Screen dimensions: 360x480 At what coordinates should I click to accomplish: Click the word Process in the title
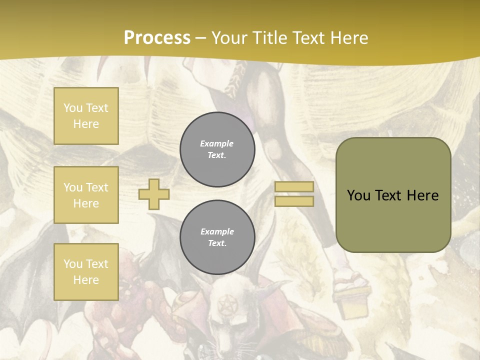(x=157, y=38)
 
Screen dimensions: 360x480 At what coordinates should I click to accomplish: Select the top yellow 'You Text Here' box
(x=86, y=116)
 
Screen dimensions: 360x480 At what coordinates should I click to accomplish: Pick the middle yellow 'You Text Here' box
(x=86, y=195)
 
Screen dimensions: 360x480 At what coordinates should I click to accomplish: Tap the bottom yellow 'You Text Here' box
(x=86, y=271)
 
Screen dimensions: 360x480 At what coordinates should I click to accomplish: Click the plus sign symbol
(x=154, y=194)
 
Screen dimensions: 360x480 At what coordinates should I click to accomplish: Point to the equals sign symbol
(x=294, y=194)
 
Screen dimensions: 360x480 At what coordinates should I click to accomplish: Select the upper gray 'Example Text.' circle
(x=217, y=149)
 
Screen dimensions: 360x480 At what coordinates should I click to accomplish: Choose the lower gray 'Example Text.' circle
(x=217, y=237)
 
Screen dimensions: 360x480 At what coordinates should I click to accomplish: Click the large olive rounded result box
(x=393, y=195)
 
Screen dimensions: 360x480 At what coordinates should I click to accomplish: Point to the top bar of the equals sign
(x=294, y=186)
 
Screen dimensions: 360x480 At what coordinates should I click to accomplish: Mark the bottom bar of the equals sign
(x=294, y=201)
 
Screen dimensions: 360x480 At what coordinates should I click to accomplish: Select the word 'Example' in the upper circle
(x=217, y=143)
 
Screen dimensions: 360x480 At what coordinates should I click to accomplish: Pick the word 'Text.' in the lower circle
(x=217, y=243)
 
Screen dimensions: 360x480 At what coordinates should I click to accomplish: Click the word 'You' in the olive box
(x=358, y=195)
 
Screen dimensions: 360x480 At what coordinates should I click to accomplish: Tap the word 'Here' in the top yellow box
(x=86, y=124)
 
